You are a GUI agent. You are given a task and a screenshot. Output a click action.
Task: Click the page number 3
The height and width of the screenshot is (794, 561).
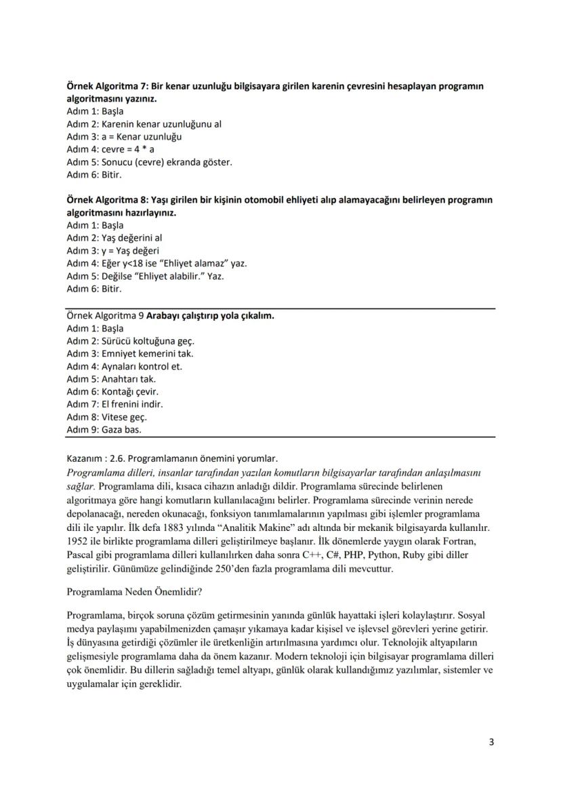coord(491,742)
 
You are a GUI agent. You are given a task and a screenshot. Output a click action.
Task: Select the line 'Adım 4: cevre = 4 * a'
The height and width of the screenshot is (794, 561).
coord(110,149)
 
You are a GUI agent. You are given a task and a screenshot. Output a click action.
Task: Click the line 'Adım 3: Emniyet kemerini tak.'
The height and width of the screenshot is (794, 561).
coord(130,353)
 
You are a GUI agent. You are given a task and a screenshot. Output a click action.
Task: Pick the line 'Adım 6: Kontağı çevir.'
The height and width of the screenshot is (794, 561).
coord(112,391)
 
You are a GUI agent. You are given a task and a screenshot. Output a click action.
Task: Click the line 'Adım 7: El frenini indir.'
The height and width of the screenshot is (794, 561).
coord(115,404)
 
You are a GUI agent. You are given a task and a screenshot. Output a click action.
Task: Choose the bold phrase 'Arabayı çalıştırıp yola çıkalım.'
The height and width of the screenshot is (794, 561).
coord(210,315)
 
